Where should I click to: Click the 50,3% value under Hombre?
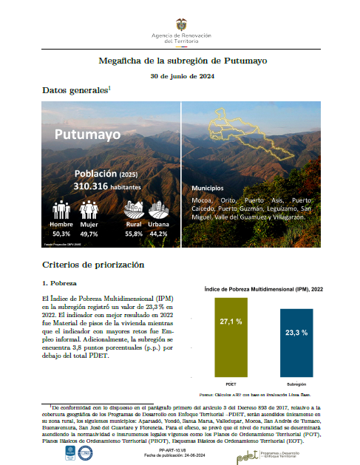[61, 233]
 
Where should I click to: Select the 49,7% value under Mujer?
[89, 233]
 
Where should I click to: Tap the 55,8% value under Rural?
[134, 233]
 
